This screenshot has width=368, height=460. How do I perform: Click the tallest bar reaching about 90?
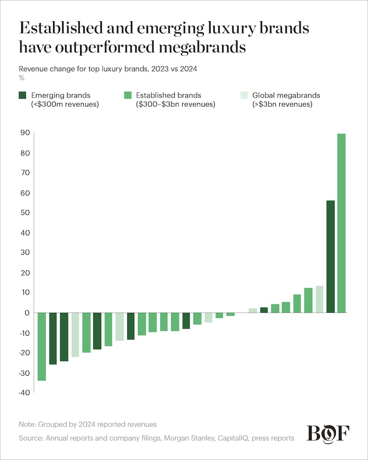pyautogui.click(x=341, y=223)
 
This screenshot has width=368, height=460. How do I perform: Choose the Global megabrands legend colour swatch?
pyautogui.click(x=244, y=95)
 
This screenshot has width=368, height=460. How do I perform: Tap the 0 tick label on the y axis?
pyautogui.click(x=27, y=313)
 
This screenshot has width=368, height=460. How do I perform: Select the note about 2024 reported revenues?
pyautogui.click(x=88, y=424)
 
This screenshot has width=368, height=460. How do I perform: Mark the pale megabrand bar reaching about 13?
pyautogui.click(x=319, y=299)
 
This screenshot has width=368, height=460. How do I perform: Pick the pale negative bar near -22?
pyautogui.click(x=75, y=335)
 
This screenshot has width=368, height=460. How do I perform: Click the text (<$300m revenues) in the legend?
pyautogui.click(x=65, y=104)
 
